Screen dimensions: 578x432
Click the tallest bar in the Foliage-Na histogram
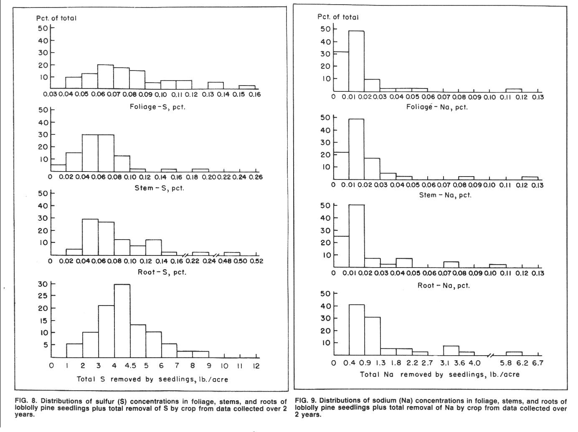(x=357, y=61)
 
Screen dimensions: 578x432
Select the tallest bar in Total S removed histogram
(x=122, y=321)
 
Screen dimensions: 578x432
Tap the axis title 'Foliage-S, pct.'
(x=157, y=107)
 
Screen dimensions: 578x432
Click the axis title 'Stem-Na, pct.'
(x=445, y=195)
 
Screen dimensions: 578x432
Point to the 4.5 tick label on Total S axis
(x=130, y=366)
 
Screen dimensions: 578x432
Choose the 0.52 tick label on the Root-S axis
(x=257, y=261)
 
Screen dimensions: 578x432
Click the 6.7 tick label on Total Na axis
(x=538, y=363)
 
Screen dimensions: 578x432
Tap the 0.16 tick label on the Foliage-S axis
(x=255, y=94)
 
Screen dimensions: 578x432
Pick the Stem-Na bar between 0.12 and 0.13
(x=530, y=178)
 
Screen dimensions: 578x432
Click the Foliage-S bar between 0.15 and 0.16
(x=247, y=87)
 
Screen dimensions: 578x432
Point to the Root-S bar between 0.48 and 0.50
(x=232, y=254)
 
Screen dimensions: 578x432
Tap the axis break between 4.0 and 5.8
(x=490, y=356)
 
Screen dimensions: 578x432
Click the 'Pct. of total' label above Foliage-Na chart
(x=338, y=17)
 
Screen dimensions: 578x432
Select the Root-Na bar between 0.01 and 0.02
(x=357, y=236)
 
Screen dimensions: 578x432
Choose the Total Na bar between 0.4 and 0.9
(x=357, y=330)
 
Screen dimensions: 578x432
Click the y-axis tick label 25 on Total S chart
(x=43, y=296)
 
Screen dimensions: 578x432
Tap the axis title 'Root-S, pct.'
(x=162, y=272)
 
